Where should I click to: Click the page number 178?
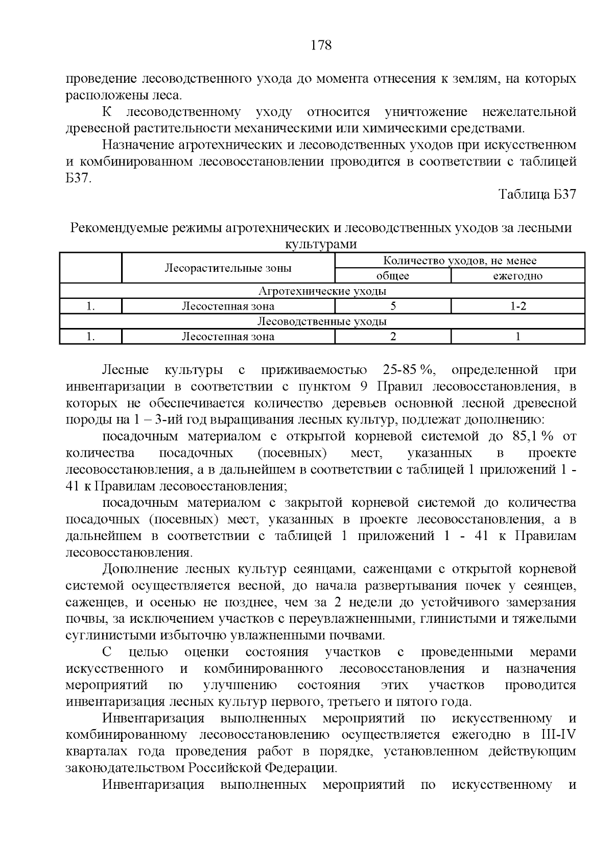[321, 45]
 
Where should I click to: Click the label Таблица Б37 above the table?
[537, 195]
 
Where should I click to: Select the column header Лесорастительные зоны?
[228, 268]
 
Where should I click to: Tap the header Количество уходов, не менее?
[459, 261]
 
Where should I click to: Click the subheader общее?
[392, 276]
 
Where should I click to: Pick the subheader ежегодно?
[517, 276]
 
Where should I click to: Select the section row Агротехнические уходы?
[322, 291]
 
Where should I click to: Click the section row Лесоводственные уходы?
[322, 321]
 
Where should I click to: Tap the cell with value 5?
[393, 307]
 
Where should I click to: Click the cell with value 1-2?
[518, 307]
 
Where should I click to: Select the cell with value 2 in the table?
[393, 337]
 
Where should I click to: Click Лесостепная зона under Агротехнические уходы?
[228, 307]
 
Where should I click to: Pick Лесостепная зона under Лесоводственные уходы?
[228, 337]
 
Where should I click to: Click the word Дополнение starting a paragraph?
[139, 569]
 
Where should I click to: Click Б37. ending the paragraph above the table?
[79, 179]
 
